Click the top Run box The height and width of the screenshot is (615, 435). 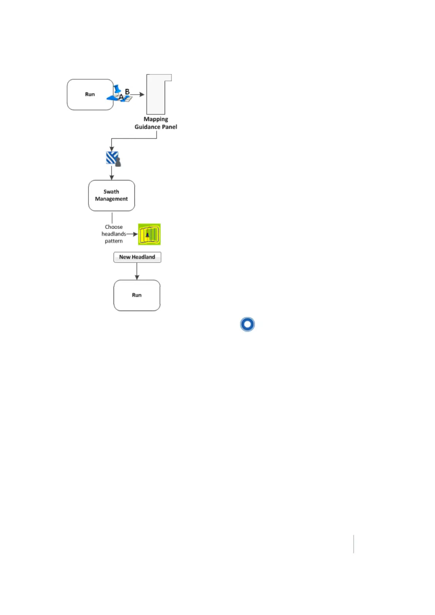[x=90, y=95]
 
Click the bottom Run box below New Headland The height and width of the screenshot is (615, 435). [x=137, y=295]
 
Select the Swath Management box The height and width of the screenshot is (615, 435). [x=111, y=195]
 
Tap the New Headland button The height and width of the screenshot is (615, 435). [x=137, y=257]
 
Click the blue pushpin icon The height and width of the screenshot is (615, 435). [x=117, y=89]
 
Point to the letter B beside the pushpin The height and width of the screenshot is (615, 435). [x=127, y=92]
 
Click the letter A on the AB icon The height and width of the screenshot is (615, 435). [x=121, y=97]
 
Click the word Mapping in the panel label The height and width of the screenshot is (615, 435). [x=156, y=119]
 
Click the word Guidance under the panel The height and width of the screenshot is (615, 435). [x=147, y=127]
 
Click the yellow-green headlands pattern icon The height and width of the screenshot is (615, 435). [x=149, y=234]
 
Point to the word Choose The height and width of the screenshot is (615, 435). [x=114, y=227]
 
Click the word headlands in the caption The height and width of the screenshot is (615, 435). [x=114, y=234]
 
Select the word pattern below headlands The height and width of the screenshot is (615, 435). [x=114, y=241]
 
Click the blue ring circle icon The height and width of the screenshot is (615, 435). [x=247, y=324]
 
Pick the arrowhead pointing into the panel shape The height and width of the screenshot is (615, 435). [x=142, y=95]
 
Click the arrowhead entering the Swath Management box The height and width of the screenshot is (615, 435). [x=112, y=177]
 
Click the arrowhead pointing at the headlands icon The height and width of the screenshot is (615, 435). [x=135, y=234]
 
